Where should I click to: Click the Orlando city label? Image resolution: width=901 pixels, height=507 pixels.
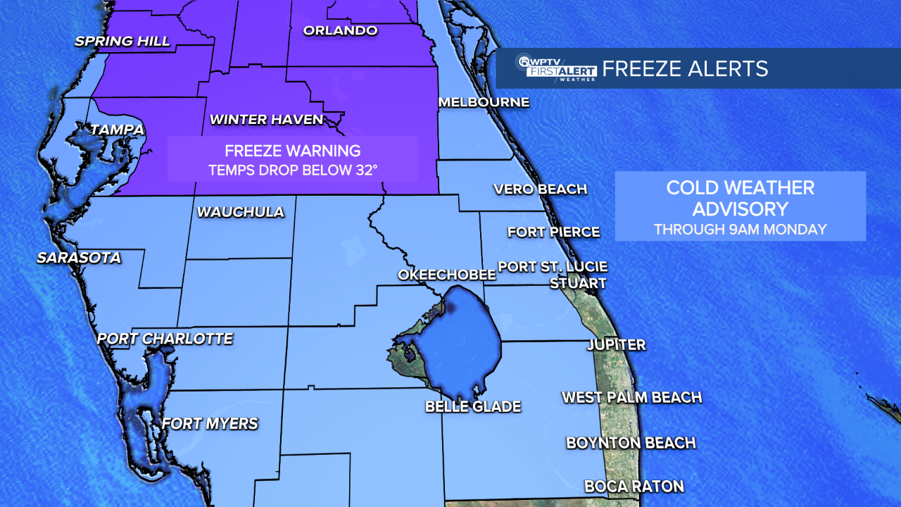pyautogui.click(x=340, y=30)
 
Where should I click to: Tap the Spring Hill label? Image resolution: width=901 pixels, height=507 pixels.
pyautogui.click(x=122, y=41)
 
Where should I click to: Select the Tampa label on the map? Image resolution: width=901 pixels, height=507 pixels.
pyautogui.click(x=117, y=130)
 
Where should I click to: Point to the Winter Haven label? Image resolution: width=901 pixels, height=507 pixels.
pyautogui.click(x=267, y=120)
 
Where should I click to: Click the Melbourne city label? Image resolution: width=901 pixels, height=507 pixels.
pyautogui.click(x=484, y=102)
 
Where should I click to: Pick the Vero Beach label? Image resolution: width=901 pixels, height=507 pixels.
pyautogui.click(x=540, y=189)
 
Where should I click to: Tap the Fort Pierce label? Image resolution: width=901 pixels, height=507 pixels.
pyautogui.click(x=553, y=232)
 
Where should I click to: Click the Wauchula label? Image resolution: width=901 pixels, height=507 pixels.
pyautogui.click(x=241, y=212)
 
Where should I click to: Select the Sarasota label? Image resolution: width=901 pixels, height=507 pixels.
pyautogui.click(x=79, y=258)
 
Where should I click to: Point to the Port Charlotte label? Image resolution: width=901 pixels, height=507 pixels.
pyautogui.click(x=165, y=339)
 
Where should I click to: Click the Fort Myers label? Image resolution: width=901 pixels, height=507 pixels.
pyautogui.click(x=210, y=423)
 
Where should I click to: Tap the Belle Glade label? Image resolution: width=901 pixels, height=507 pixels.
pyautogui.click(x=473, y=406)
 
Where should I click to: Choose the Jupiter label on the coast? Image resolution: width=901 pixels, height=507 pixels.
pyautogui.click(x=617, y=345)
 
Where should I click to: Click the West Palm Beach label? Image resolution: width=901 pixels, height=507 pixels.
pyautogui.click(x=631, y=397)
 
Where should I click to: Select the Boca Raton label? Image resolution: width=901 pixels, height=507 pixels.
pyautogui.click(x=634, y=486)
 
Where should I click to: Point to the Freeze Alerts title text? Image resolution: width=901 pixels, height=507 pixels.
pyautogui.click(x=685, y=68)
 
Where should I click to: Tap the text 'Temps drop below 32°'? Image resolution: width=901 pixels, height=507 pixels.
pyautogui.click(x=292, y=170)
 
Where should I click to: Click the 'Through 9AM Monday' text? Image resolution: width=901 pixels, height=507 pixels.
pyautogui.click(x=740, y=229)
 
